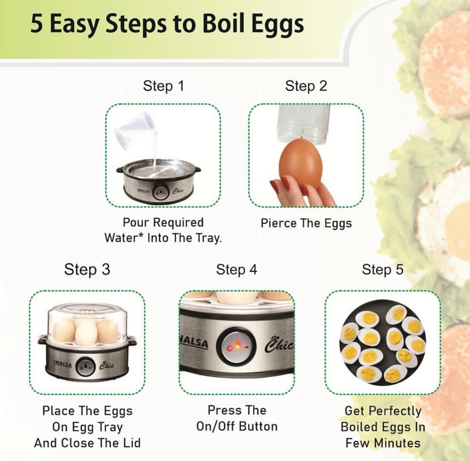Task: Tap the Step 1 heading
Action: [164, 86]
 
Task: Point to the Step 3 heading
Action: [87, 270]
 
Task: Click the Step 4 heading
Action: [236, 270]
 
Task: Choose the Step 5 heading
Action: [383, 270]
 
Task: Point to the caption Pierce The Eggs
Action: [306, 223]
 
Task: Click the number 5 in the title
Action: [37, 24]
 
